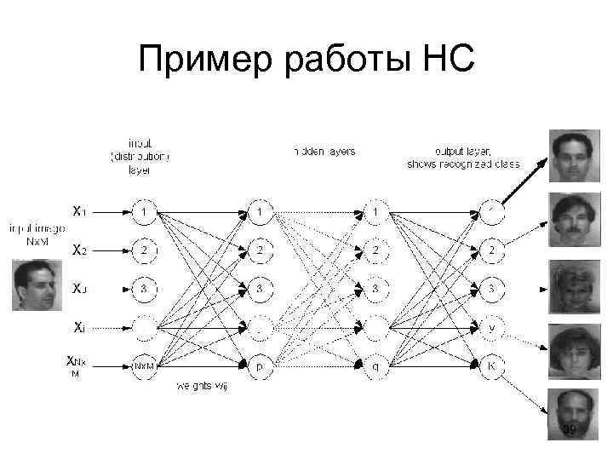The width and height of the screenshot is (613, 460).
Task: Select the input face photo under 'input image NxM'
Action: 38,285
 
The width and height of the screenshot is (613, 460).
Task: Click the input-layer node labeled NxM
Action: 146,365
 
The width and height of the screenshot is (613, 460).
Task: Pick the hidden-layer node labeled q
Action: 375,365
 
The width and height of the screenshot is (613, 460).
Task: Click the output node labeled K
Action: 490,365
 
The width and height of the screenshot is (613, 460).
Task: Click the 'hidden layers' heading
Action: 324,151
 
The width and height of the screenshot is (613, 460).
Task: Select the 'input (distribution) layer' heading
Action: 139,156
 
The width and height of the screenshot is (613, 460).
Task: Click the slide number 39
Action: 570,429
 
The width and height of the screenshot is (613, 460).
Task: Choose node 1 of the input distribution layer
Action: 146,210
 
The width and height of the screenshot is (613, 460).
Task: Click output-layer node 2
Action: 490,250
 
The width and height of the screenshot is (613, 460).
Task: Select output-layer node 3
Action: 490,287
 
